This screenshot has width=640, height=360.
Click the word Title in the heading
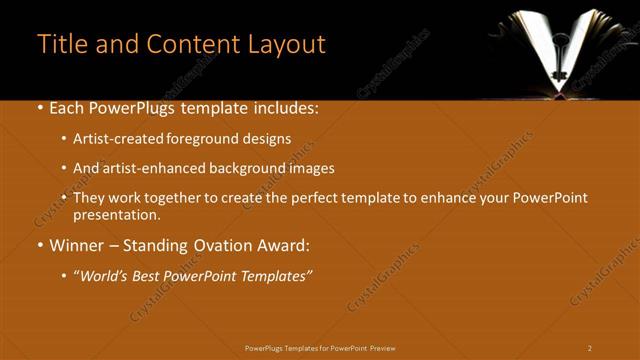pyautogui.click(x=60, y=44)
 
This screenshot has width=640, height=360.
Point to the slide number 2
pyautogui.click(x=590, y=348)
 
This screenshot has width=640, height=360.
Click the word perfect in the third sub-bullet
pyautogui.click(x=323, y=198)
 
